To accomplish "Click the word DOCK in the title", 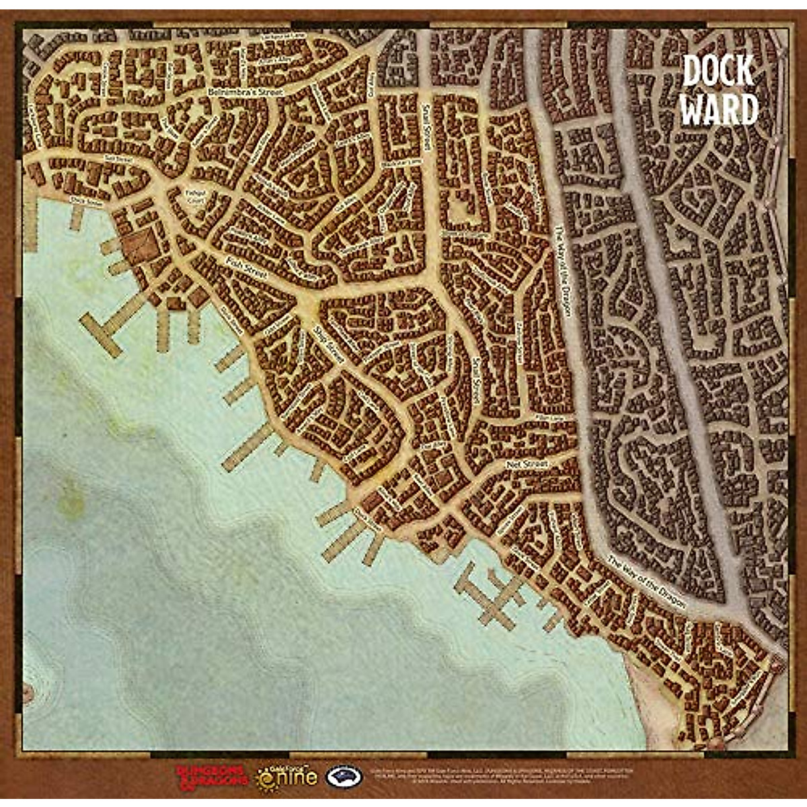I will click(718, 71).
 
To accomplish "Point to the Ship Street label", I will click(330, 346).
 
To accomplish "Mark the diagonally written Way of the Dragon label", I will click(647, 582).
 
